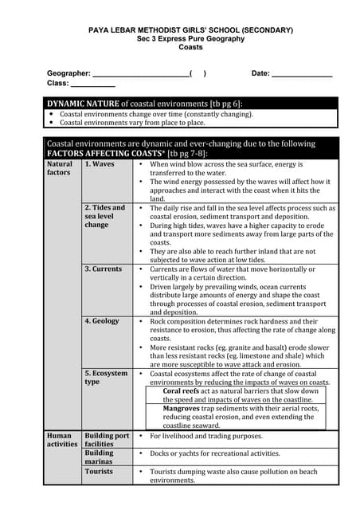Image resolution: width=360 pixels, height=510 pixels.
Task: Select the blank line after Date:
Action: (x=302, y=75)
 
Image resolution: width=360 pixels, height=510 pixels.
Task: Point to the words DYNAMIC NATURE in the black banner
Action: (x=83, y=104)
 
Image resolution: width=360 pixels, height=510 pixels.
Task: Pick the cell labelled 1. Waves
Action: (x=100, y=164)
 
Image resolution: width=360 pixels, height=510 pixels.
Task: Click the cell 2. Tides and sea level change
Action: (x=105, y=216)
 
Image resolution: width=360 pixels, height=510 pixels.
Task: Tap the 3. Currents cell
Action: (x=104, y=269)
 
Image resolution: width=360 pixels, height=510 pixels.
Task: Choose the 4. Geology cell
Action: (x=102, y=321)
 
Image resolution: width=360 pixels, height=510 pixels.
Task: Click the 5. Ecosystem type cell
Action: (x=105, y=378)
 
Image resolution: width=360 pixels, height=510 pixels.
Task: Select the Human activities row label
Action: (x=61, y=440)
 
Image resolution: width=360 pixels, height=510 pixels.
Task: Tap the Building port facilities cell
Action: (x=107, y=440)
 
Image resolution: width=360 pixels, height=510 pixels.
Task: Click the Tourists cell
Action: (x=100, y=472)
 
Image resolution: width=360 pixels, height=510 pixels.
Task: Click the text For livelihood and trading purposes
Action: (x=206, y=436)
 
